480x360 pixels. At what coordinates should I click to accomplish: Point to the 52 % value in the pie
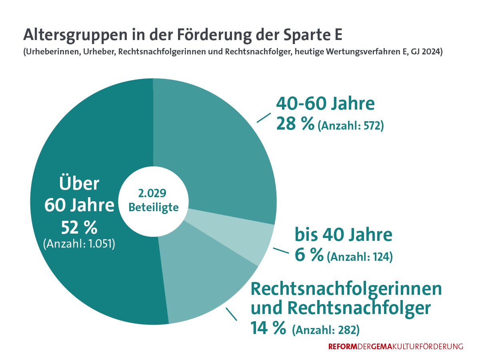[x=79, y=228]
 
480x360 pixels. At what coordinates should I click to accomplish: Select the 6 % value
[x=309, y=255]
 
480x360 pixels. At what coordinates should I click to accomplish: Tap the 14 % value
[x=268, y=328]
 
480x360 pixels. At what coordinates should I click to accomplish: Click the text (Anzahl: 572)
[x=351, y=126]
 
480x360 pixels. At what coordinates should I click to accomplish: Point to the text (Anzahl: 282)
[x=326, y=330]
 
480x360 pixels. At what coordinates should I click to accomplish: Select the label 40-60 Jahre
[x=325, y=104]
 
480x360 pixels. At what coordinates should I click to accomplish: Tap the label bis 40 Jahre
[x=343, y=235]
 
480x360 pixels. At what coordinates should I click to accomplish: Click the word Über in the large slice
[x=79, y=184]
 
